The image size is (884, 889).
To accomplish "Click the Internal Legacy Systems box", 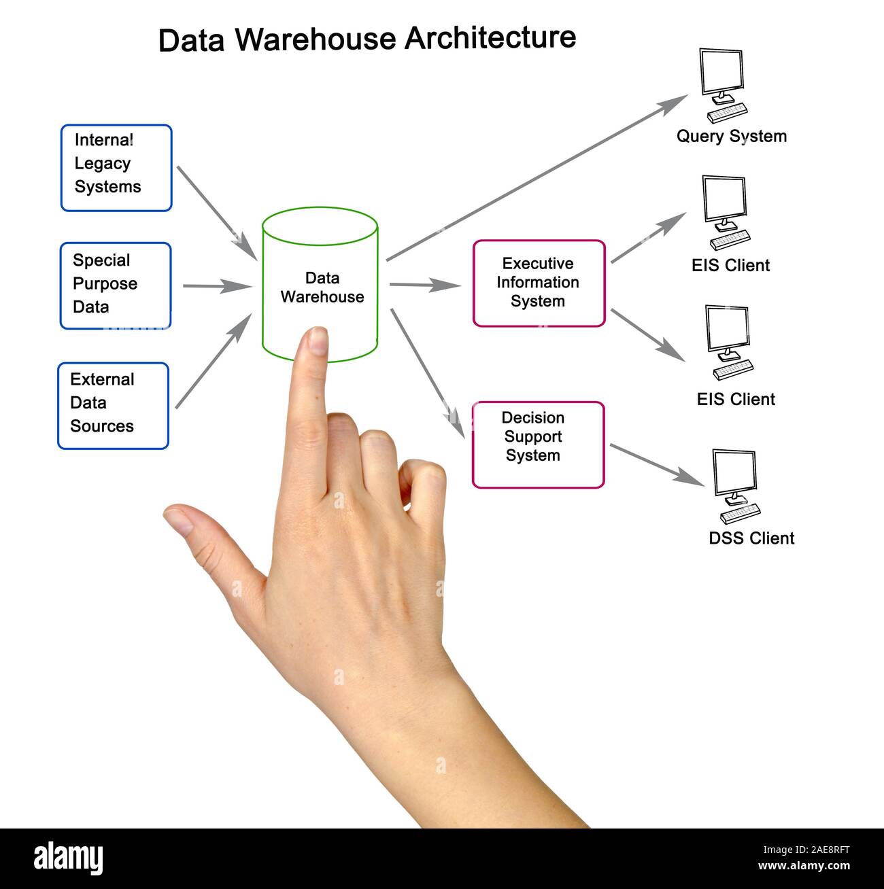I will [x=116, y=167].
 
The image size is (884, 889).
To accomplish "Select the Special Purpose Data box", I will [x=116, y=285].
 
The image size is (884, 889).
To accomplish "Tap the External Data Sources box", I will [x=113, y=405].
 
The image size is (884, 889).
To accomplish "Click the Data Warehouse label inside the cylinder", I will [x=322, y=287].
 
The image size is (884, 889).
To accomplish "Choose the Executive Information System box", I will [x=538, y=283].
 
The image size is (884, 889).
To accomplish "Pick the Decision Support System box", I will [x=538, y=444].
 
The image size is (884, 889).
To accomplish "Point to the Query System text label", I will [x=731, y=136].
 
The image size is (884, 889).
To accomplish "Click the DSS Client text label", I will [x=751, y=538].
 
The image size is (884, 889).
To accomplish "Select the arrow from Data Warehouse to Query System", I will [x=537, y=178].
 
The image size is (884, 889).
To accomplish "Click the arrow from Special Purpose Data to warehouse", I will [x=216, y=286].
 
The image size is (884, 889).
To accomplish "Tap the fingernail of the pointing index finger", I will [x=317, y=340].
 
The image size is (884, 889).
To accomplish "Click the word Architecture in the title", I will [x=490, y=37].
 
